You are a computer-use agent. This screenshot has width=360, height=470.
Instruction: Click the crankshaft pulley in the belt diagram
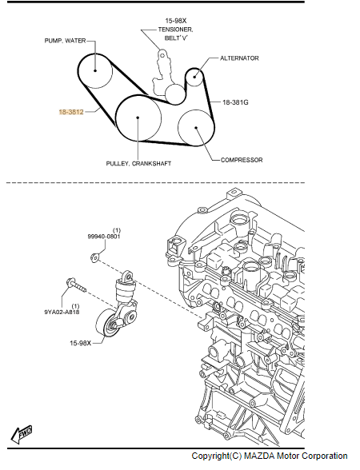138,118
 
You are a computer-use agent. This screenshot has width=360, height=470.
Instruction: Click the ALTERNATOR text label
239,58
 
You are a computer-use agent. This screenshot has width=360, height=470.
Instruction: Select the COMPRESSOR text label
242,160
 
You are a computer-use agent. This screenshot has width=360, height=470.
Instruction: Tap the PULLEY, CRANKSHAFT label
138,163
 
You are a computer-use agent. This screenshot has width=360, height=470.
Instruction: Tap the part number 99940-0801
104,237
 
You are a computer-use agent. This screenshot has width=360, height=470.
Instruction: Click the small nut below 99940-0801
94,257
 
